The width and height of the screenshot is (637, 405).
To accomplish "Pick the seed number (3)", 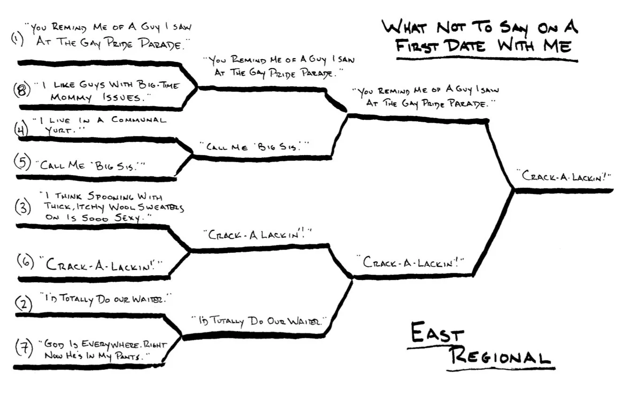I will (x=23, y=207).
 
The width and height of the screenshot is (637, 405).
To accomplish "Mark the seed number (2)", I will (x=24, y=304).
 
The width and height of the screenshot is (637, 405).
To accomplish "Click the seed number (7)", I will (x=23, y=348).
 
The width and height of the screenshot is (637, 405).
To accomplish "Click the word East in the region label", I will (x=437, y=334).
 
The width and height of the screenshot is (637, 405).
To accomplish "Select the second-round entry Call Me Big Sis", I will (x=254, y=147).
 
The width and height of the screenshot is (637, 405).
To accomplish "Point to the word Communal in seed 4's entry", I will (x=138, y=120).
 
